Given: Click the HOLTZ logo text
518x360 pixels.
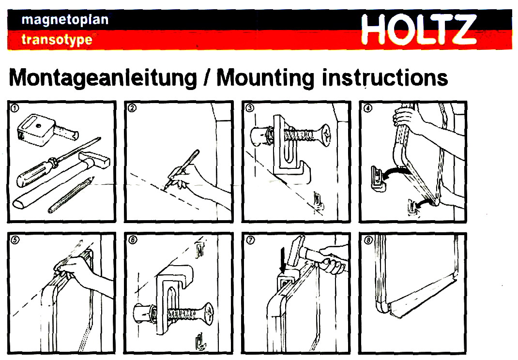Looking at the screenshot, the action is pyautogui.click(x=419, y=29).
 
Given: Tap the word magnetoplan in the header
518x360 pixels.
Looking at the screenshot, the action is pyautogui.click(x=65, y=20).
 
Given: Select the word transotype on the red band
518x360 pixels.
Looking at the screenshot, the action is pyautogui.click(x=57, y=40).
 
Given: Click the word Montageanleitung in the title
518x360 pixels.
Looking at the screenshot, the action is pyautogui.click(x=103, y=78).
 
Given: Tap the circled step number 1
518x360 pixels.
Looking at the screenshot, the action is pyautogui.click(x=15, y=108).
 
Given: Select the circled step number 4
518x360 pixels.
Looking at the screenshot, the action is pyautogui.click(x=368, y=108).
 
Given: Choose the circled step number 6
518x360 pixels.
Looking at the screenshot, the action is pyautogui.click(x=133, y=240).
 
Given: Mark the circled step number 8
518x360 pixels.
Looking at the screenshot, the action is pyautogui.click(x=368, y=240).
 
